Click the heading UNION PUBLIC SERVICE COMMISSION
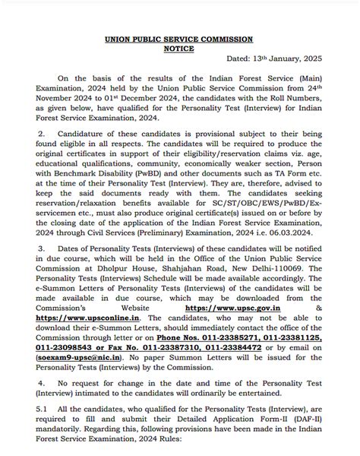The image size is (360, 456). (x=180, y=39)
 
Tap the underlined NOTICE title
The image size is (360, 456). (x=180, y=49)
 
